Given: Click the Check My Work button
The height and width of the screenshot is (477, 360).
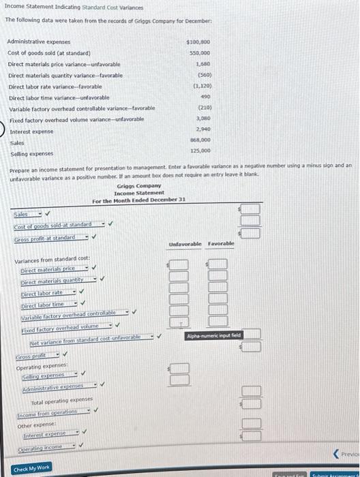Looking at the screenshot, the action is [31, 469].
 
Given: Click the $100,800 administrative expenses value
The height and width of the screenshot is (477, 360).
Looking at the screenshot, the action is [197, 42].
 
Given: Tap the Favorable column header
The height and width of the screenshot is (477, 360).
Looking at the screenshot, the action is [220, 243].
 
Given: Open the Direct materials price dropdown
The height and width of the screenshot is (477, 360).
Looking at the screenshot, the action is [50, 269].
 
